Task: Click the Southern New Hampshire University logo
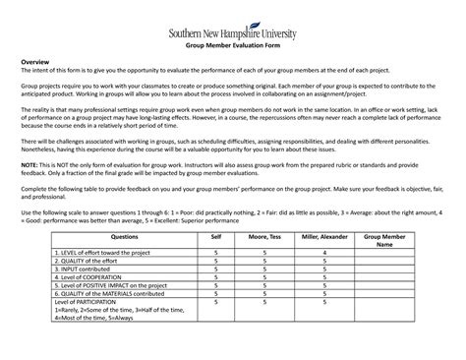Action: [x=233, y=29]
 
